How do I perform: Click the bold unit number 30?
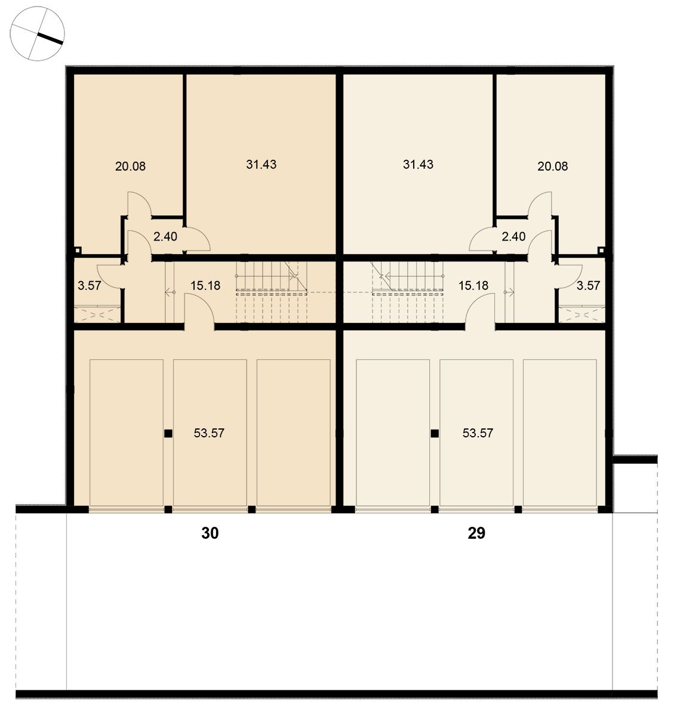tap(210, 533)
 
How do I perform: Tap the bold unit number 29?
tap(476, 533)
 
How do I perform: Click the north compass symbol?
tap(37, 33)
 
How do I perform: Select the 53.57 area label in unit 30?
tap(209, 433)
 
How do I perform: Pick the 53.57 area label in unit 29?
tap(478, 433)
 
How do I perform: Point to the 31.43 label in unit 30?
tap(261, 165)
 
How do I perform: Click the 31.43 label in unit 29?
tap(418, 165)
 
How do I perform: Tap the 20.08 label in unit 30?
tap(130, 166)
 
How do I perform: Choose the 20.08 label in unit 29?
tap(552, 166)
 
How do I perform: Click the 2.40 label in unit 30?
tap(165, 236)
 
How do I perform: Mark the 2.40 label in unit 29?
tap(513, 236)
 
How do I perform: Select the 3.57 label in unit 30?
tap(90, 286)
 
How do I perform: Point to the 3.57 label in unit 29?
tap(588, 286)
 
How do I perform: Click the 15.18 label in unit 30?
tap(205, 286)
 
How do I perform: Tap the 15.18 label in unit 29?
tap(473, 286)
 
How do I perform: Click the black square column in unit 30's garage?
tap(168, 433)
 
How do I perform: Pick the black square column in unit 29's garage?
tap(435, 433)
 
